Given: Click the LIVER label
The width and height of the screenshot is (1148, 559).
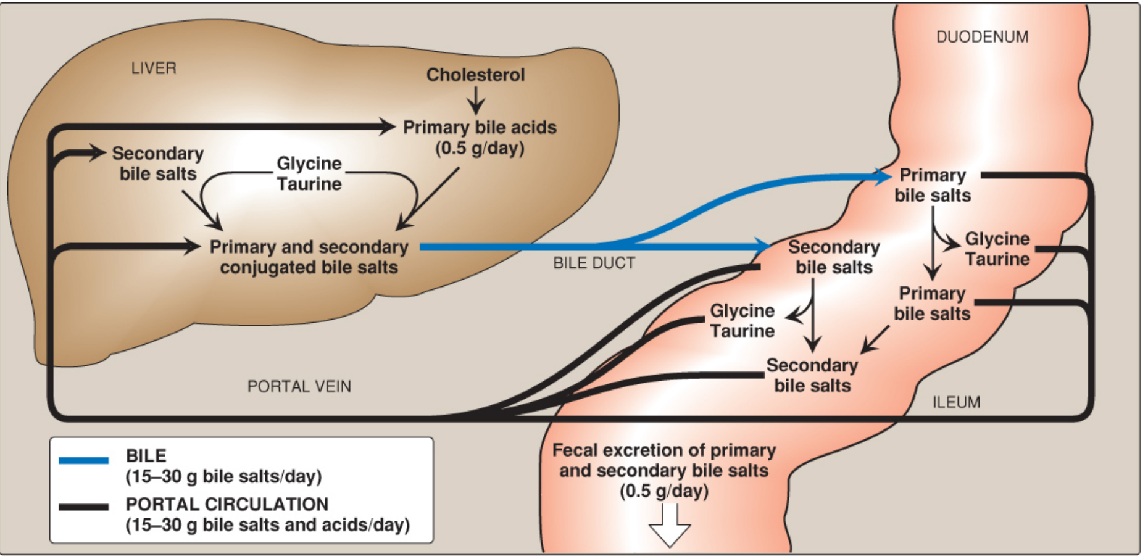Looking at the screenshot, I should pyautogui.click(x=154, y=68).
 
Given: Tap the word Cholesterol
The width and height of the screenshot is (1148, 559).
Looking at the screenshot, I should pyautogui.click(x=475, y=75).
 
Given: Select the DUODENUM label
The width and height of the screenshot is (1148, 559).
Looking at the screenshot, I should pyautogui.click(x=982, y=37).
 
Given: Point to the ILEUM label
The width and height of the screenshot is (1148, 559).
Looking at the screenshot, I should pyautogui.click(x=956, y=402).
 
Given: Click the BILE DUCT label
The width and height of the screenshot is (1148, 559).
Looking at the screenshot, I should pyautogui.click(x=594, y=263).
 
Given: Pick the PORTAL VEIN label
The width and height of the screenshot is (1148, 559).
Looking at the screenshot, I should pyautogui.click(x=299, y=386).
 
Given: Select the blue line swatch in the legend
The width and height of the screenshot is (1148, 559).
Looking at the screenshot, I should pyautogui.click(x=83, y=460).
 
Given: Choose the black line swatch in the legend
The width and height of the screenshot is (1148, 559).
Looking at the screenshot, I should pyautogui.click(x=83, y=507).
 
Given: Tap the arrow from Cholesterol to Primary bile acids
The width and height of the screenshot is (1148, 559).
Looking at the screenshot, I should pyautogui.click(x=475, y=101).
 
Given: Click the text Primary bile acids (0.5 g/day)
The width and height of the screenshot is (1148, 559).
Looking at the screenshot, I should pyautogui.click(x=480, y=138).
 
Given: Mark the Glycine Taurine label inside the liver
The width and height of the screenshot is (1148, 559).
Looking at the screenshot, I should pyautogui.click(x=309, y=173).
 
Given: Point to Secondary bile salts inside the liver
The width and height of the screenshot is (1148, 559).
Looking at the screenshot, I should pyautogui.click(x=158, y=164).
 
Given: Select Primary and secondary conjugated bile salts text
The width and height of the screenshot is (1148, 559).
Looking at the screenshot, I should pyautogui.click(x=309, y=257).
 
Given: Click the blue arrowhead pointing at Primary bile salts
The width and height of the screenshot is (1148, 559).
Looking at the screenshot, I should pyautogui.click(x=883, y=176).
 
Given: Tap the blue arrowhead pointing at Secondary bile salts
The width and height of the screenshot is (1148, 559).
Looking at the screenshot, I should pyautogui.click(x=763, y=246).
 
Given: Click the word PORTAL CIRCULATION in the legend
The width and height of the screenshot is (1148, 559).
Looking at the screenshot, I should pyautogui.click(x=227, y=504).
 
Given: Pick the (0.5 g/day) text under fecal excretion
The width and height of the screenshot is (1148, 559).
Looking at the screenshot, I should pyautogui.click(x=664, y=491).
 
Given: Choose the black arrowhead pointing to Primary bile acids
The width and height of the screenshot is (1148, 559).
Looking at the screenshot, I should pyautogui.click(x=387, y=127).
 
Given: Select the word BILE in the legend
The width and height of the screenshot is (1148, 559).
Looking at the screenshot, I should pyautogui.click(x=146, y=456).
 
